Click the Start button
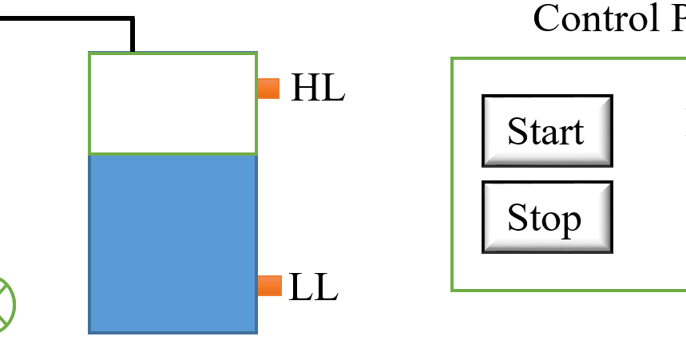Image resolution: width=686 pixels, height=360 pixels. click(x=547, y=131)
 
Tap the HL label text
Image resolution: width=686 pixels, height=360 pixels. click(x=317, y=89)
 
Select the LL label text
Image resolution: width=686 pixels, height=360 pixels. click(x=313, y=287)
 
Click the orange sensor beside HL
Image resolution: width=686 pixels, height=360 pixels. click(x=269, y=89)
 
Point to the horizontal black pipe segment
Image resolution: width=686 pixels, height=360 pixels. click(x=64, y=18)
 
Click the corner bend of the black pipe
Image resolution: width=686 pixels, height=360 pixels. click(x=132, y=18)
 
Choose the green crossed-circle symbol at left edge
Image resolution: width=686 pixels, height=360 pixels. click(x=4, y=304)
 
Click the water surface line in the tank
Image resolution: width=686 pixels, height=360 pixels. click(x=172, y=153)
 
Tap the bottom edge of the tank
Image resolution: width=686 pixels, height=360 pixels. click(x=172, y=331)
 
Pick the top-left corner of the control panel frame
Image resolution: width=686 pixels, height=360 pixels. click(x=453, y=59)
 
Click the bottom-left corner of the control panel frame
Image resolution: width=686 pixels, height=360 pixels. click(x=453, y=290)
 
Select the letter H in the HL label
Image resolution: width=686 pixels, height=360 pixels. click(x=303, y=89)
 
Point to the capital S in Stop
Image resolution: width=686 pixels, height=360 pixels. click(x=517, y=218)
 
